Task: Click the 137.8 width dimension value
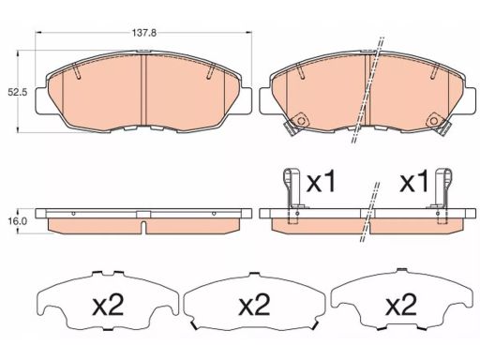click(x=143, y=33)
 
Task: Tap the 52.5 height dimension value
click(x=16, y=93)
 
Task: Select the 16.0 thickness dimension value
click(x=17, y=221)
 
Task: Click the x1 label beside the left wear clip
click(x=321, y=183)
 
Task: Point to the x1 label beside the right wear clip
click(x=414, y=183)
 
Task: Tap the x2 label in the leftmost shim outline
click(x=109, y=305)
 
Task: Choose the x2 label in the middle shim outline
click(x=254, y=305)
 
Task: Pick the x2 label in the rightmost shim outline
click(x=401, y=305)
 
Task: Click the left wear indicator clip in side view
click(x=292, y=195)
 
